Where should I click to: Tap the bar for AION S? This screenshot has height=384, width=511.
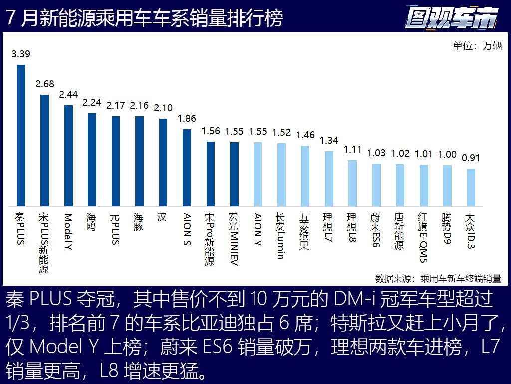187,168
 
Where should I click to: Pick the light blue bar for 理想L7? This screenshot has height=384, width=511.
329,179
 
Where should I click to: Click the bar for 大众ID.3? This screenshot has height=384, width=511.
471,188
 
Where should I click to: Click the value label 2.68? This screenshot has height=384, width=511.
45,84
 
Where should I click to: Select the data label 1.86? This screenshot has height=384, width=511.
187,119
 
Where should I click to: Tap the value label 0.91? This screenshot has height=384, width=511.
471,158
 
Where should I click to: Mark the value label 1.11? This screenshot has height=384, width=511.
352,150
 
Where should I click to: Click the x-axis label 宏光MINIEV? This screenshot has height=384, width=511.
234,240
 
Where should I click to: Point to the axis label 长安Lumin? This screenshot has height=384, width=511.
281,237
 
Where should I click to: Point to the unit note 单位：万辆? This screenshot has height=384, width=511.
477,46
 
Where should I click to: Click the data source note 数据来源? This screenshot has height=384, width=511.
438,278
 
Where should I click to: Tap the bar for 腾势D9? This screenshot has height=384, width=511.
447,186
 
